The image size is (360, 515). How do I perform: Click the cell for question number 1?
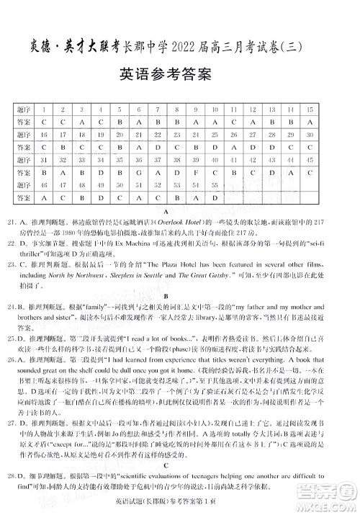point(45,109)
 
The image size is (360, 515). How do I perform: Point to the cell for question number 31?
point(45,159)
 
